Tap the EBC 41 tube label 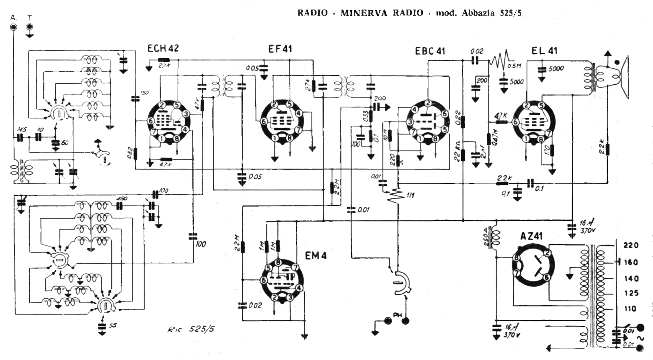pyautogui.click(x=430, y=51)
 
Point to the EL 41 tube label pyautogui.click(x=544, y=51)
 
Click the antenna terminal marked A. pyautogui.click(x=14, y=27)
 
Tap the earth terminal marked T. pyautogui.click(x=30, y=27)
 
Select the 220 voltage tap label pyautogui.click(x=632, y=245)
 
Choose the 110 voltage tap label pyautogui.click(x=631, y=309)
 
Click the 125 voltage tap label pyautogui.click(x=631, y=293)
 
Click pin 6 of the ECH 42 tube pyautogui.click(x=151, y=121)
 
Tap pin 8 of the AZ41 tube pyautogui.click(x=516, y=258)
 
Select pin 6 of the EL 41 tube pyautogui.click(x=515, y=122)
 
